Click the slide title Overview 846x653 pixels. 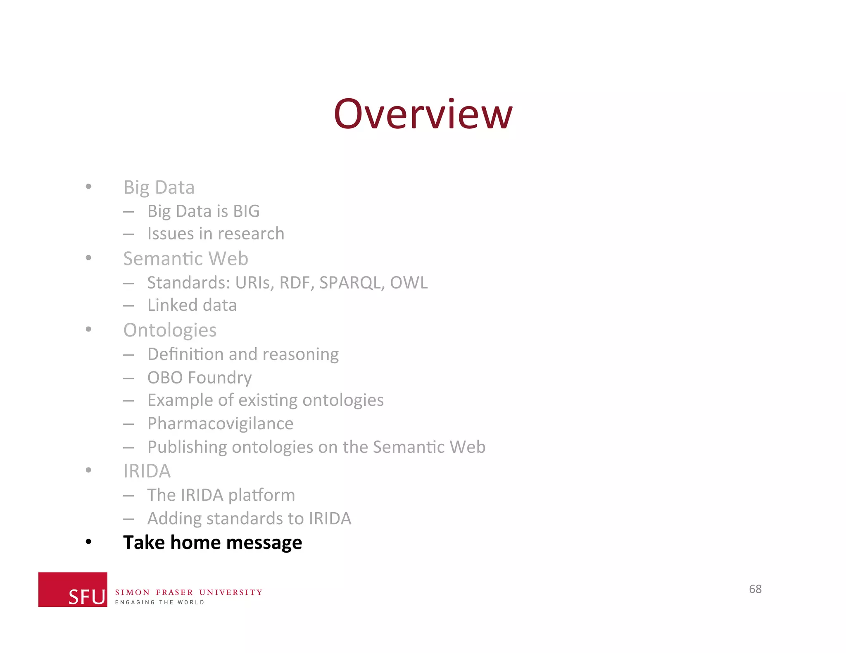(x=423, y=114)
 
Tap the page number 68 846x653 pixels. (x=755, y=589)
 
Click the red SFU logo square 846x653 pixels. (x=73, y=589)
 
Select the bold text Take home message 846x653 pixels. (x=212, y=542)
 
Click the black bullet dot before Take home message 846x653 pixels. (x=88, y=542)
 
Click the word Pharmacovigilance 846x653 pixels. (x=220, y=424)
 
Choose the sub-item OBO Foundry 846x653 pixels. (x=200, y=378)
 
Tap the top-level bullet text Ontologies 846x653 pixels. (x=170, y=330)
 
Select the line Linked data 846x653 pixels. (x=192, y=305)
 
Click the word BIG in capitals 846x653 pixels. (x=246, y=211)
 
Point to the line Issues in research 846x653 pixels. (x=216, y=234)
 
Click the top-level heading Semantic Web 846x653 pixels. (x=185, y=259)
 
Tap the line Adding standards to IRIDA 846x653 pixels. (x=249, y=519)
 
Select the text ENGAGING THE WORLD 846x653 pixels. (x=159, y=603)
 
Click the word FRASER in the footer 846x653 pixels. (x=174, y=592)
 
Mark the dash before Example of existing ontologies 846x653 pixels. (x=128, y=401)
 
